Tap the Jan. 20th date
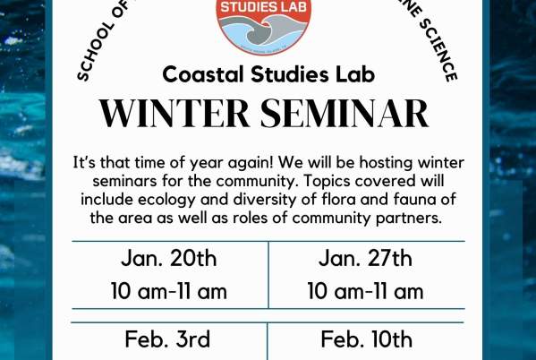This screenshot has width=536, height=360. pos(169,259)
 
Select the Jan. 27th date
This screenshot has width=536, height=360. pos(366,259)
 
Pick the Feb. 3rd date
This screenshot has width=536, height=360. pos(169,339)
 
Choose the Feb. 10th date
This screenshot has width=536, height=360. pos(366,339)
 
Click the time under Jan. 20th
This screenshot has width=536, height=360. pos(169,291)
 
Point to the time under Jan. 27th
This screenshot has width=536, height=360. pos(366,291)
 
